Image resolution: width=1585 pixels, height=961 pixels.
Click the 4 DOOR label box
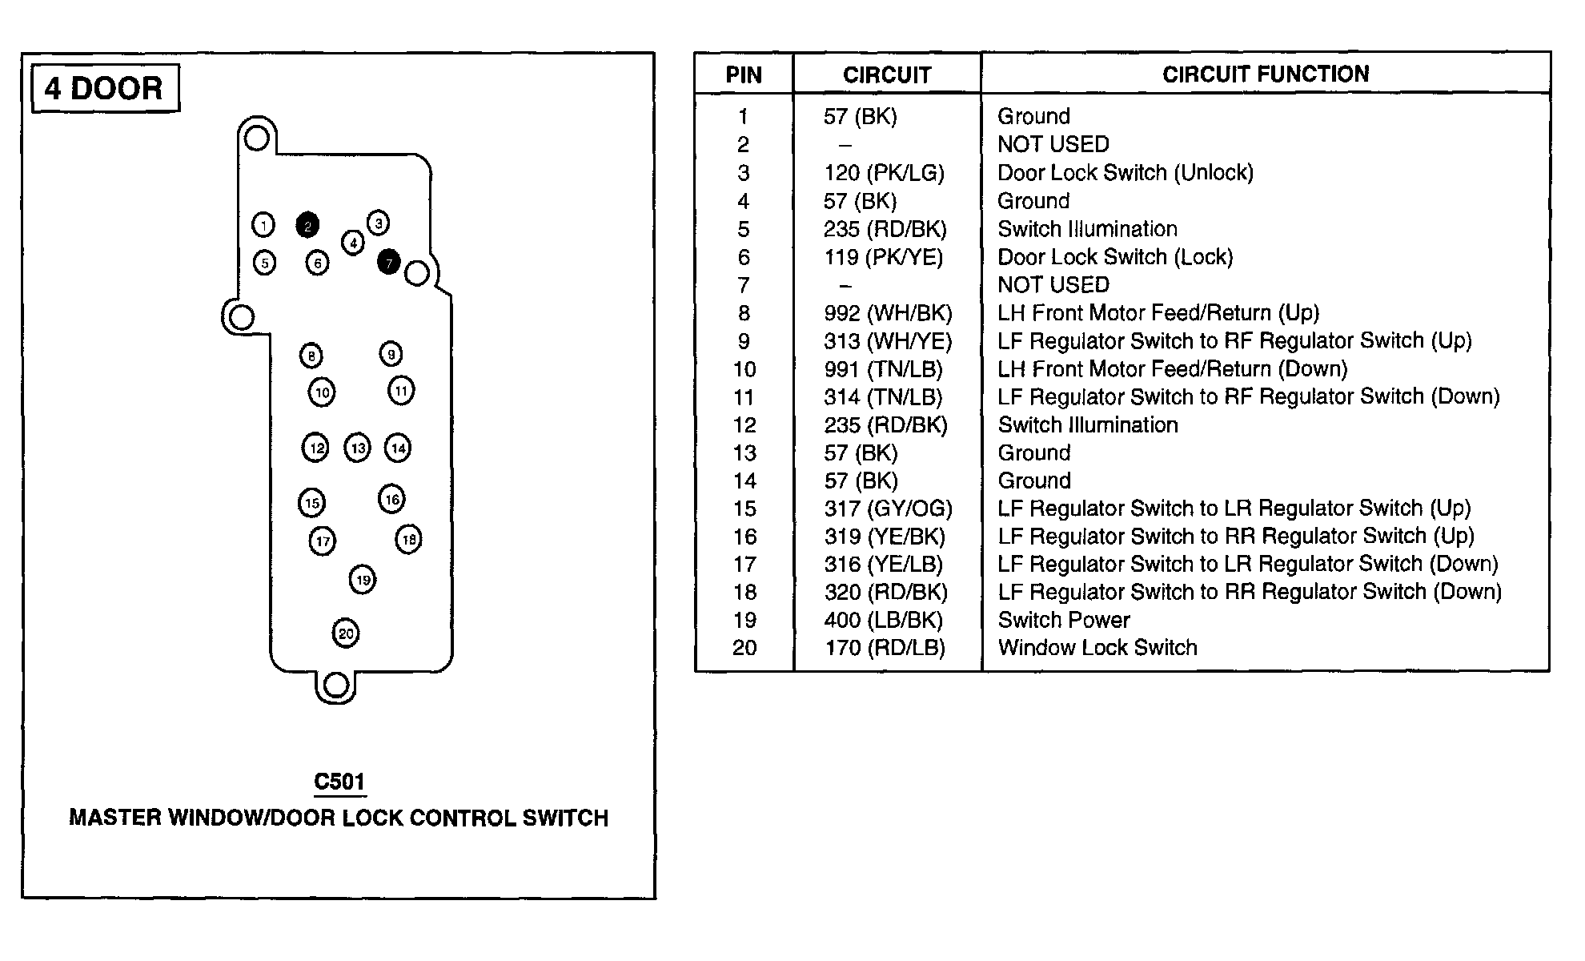tap(104, 88)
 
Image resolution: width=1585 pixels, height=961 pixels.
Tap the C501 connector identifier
tap(339, 782)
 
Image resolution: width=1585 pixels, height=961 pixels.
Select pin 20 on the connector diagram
tap(346, 633)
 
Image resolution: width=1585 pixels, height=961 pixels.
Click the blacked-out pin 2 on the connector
tap(307, 226)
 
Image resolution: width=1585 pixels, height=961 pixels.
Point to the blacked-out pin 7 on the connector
tap(388, 262)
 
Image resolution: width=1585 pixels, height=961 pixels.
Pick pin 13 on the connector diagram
tap(357, 448)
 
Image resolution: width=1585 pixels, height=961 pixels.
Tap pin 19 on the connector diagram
tap(363, 580)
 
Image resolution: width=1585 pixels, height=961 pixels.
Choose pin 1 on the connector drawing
tap(263, 225)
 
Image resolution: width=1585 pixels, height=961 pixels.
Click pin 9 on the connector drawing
tap(391, 354)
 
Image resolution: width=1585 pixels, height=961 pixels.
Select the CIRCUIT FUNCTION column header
tap(1265, 74)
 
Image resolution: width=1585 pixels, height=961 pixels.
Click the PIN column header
tap(744, 75)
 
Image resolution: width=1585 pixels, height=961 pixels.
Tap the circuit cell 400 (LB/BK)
tap(884, 620)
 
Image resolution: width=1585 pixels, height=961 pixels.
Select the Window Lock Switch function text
tap(1097, 648)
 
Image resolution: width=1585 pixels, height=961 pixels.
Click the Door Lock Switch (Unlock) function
tap(1125, 173)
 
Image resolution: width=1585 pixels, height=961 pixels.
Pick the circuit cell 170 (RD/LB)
tap(885, 648)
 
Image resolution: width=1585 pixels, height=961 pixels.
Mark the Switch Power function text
tap(1064, 620)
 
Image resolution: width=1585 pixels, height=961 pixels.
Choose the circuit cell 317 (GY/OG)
tap(888, 509)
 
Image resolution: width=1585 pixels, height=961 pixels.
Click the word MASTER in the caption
tap(114, 818)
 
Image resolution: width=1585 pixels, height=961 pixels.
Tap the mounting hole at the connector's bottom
tap(335, 686)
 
